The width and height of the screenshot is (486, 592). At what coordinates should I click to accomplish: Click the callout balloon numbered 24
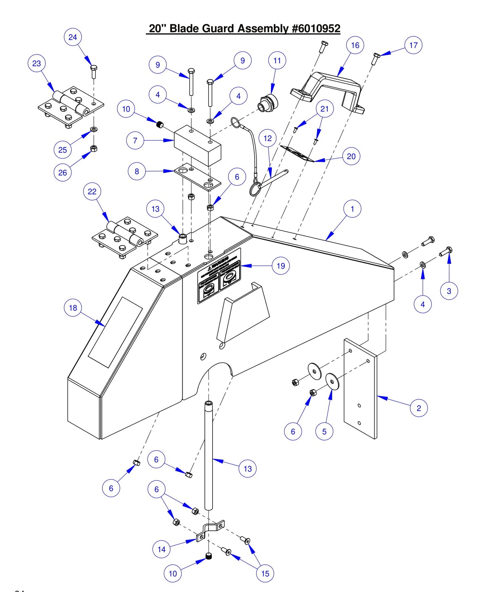73,37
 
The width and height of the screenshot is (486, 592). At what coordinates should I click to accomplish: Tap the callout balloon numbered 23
36,63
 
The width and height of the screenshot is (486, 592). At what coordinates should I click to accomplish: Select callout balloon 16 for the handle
355,45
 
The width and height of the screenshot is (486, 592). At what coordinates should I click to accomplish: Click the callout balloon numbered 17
413,45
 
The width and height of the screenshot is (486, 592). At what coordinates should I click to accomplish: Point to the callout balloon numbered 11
277,61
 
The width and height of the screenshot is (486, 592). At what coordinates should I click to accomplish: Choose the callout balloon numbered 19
281,266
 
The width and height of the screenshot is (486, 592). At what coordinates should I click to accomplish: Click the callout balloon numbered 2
419,408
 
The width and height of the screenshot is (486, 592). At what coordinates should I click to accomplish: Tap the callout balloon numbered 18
73,308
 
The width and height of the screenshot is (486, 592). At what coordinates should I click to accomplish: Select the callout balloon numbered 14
161,549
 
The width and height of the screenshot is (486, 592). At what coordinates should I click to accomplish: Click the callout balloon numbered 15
265,573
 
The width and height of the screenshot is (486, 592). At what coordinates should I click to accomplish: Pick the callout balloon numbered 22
92,191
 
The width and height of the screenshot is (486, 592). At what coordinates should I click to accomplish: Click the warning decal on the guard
219,276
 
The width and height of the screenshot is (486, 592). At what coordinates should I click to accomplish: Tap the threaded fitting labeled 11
268,103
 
